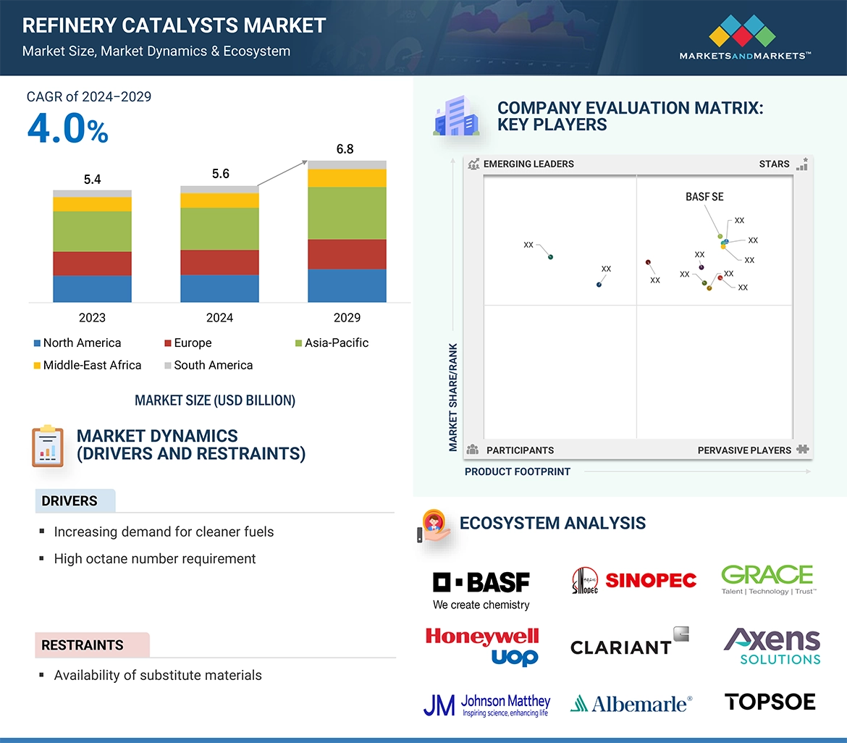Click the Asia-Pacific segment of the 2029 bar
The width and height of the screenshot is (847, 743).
point(347,213)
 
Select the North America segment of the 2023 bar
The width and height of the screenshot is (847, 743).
point(92,288)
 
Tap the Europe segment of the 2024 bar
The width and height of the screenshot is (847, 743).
point(219,262)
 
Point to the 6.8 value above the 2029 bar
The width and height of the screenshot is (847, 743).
point(345,149)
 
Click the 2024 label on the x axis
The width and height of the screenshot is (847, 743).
point(219,318)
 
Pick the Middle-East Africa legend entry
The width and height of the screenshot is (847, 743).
point(92,365)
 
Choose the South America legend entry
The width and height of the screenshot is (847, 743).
point(213,365)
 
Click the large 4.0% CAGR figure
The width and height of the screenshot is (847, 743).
point(67,129)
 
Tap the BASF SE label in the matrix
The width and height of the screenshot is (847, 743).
point(704,197)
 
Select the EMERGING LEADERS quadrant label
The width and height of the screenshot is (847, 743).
point(528,164)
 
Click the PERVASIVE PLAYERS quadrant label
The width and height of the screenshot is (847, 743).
point(744,450)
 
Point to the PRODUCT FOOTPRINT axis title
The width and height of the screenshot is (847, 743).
point(518,471)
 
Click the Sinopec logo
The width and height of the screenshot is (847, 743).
point(634,580)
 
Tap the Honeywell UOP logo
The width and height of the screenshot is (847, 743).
point(482,645)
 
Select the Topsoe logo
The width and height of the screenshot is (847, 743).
point(770,702)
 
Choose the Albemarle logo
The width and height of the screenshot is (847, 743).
point(631,703)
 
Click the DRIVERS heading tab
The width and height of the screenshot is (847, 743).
point(69,501)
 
